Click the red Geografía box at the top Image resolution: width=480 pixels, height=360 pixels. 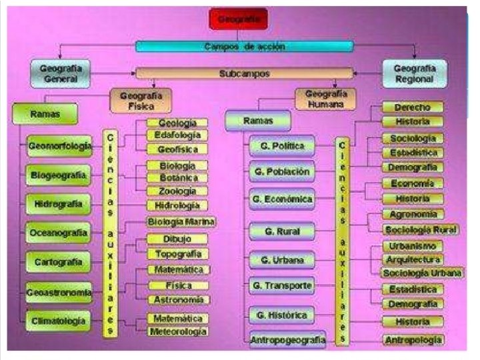pos(238,19)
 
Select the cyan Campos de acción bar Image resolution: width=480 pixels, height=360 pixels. pos(244,46)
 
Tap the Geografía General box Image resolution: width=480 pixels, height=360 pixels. pos(61,73)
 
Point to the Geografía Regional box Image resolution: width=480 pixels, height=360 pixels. pos(415,73)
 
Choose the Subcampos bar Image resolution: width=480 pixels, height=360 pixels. pos(244,73)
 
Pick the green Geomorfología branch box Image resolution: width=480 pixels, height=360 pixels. pos(61,147)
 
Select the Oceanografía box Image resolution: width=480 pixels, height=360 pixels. pos(59,233)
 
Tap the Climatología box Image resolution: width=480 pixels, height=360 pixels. pos(59,321)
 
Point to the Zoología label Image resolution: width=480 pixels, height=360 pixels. pos(177,191)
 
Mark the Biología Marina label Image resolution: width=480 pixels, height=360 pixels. pos(181,222)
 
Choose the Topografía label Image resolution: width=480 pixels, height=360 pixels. pos(177,254)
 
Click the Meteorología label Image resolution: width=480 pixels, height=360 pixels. pos(177,331)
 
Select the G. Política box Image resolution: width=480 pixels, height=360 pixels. pos(283,146)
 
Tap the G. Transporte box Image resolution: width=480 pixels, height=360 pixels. pos(282,286)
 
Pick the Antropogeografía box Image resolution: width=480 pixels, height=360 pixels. pos(288,340)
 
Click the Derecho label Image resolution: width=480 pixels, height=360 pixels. pos(413,107)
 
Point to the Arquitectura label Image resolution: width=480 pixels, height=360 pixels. pos(413,259)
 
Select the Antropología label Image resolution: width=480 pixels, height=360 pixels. pos(413,340)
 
